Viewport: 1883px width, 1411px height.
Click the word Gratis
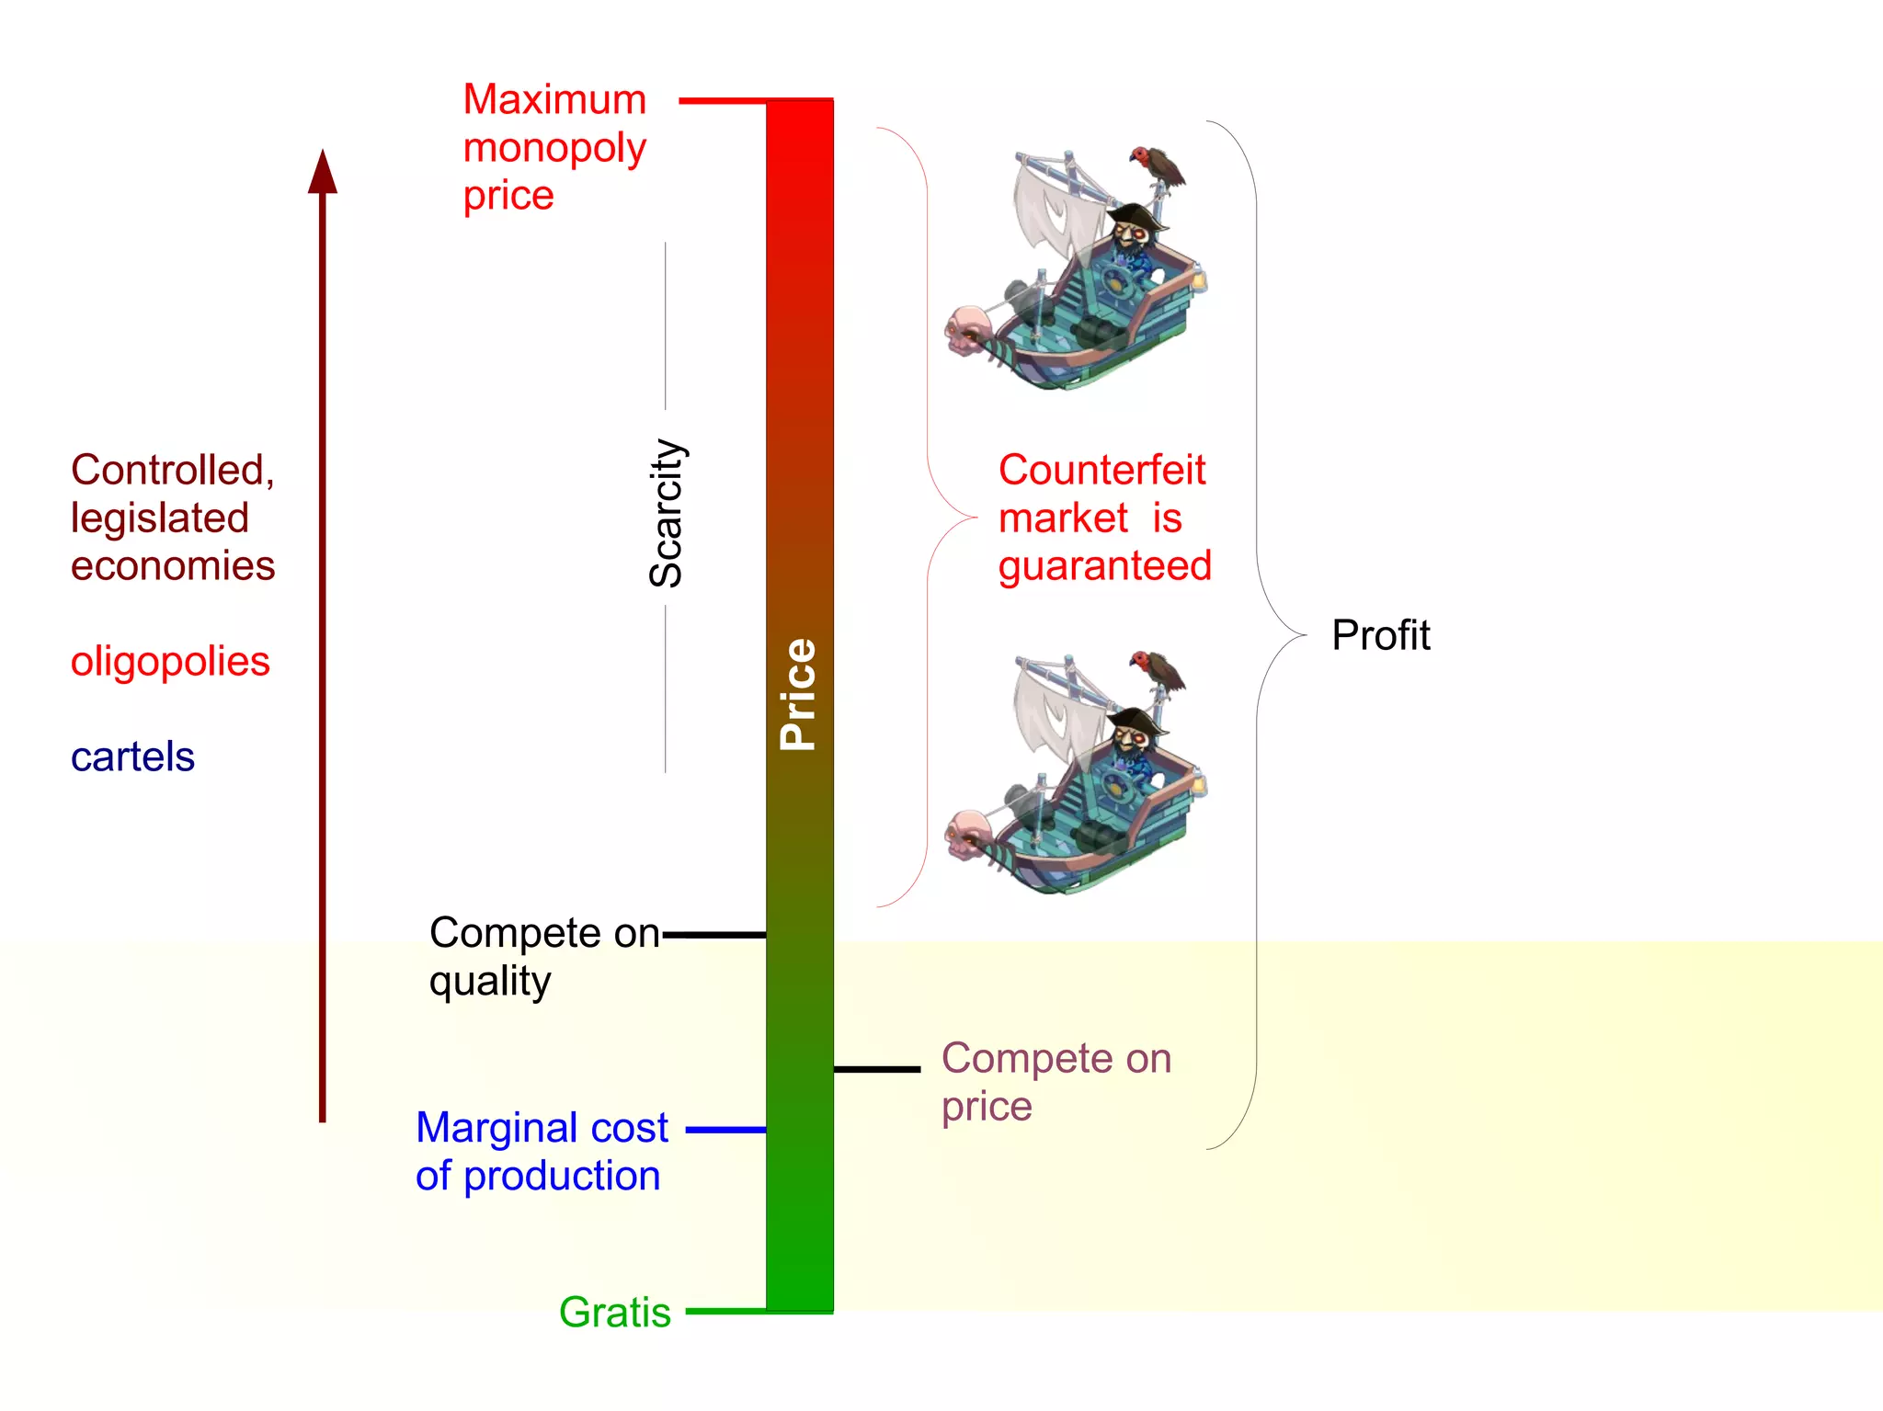point(614,1312)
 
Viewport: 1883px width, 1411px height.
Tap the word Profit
point(1380,635)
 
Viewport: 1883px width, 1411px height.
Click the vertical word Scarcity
point(667,513)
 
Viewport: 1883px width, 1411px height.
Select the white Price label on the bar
point(798,694)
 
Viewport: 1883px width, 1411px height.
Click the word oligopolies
point(170,662)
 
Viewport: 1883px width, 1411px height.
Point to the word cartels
point(132,757)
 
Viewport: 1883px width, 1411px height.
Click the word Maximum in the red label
point(554,99)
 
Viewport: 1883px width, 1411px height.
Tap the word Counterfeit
point(1101,470)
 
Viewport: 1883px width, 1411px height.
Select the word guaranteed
point(1105,566)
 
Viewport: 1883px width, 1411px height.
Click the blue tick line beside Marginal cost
point(725,1130)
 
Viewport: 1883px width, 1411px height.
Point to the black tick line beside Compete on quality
point(714,935)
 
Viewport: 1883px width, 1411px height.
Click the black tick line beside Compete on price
point(876,1069)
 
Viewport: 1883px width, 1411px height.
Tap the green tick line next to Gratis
point(725,1312)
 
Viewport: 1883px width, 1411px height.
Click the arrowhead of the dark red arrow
point(323,173)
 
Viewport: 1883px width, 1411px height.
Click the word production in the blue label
point(562,1177)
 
